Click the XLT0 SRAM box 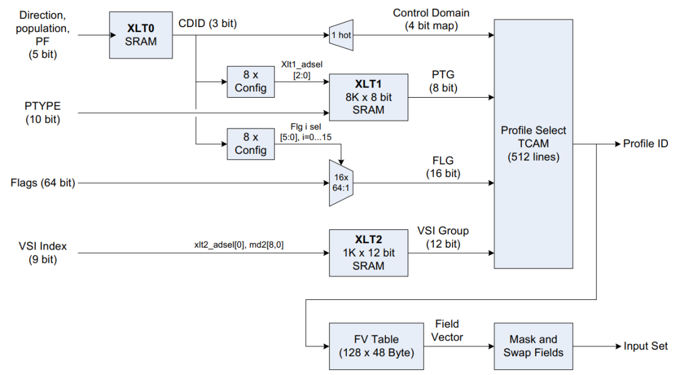[142, 35]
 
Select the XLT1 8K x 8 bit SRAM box [368, 97]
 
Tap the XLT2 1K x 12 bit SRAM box [368, 253]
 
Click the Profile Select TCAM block [533, 144]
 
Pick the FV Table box [376, 346]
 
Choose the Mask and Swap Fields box [533, 346]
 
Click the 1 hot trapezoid [341, 35]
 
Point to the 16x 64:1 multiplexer [341, 183]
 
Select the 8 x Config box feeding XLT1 [251, 81]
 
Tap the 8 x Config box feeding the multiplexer [251, 144]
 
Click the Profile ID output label [645, 144]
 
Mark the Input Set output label [646, 346]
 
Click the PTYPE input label [43, 112]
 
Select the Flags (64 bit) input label [43, 183]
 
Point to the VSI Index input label [42, 253]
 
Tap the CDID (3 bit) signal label [208, 24]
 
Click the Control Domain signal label [431, 19]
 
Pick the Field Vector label [448, 331]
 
